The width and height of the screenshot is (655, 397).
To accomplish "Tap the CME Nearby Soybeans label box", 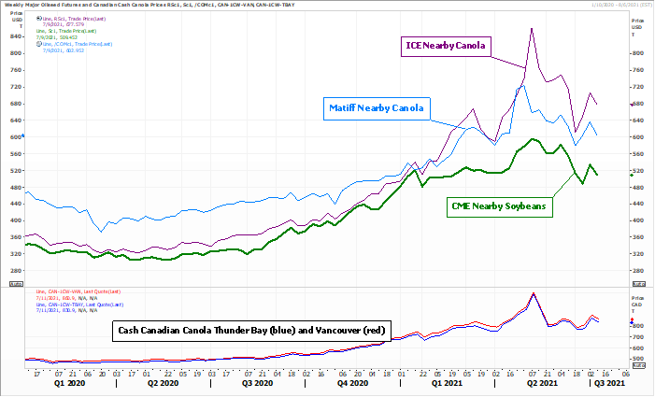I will tap(499, 206).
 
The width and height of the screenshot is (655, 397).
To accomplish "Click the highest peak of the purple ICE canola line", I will tap(532, 28).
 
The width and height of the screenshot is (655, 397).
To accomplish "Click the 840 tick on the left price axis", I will tap(14, 36).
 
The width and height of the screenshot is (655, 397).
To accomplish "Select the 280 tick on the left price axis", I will tap(14, 271).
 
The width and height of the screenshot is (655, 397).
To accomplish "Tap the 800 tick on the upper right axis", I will tap(637, 53).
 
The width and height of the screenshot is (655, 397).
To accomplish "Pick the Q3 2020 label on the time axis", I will tap(257, 383).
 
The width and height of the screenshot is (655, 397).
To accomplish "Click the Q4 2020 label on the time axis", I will tap(352, 383).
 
